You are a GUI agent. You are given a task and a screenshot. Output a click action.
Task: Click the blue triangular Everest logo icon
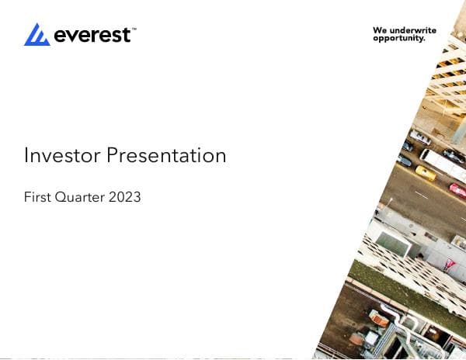pyautogui.click(x=37, y=34)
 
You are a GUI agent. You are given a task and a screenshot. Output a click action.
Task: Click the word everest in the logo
pyautogui.click(x=91, y=35)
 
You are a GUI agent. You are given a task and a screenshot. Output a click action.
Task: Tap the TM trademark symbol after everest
pyautogui.click(x=134, y=29)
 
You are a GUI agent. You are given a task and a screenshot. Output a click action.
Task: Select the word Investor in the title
pyautogui.click(x=62, y=155)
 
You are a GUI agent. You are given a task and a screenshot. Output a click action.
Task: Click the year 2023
pyautogui.click(x=125, y=197)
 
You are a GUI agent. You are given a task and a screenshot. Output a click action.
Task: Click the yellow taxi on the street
pyautogui.click(x=426, y=172)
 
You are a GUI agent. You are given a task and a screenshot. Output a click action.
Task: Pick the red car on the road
pyautogui.click(x=457, y=190)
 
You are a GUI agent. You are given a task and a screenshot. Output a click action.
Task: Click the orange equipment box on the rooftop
pyautogui.click(x=379, y=318)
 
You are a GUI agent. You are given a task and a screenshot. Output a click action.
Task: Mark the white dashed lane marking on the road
pyautogui.click(x=420, y=194)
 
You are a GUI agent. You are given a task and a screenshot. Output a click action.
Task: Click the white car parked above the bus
pyautogui.click(x=420, y=138)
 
